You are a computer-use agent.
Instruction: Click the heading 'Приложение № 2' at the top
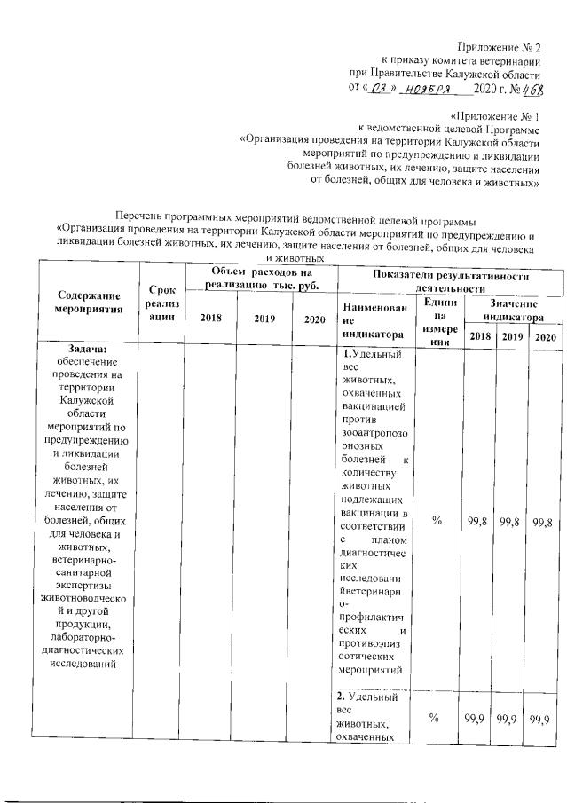[x=499, y=46]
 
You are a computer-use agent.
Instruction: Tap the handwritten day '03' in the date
[x=377, y=89]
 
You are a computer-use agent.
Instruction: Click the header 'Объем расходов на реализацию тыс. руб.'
[x=258, y=278]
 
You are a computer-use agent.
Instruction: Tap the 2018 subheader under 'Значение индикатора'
[x=479, y=336]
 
